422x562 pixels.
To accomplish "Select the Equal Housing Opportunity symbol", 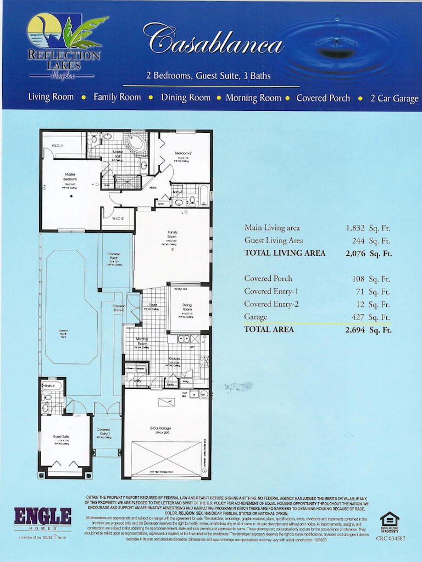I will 390,522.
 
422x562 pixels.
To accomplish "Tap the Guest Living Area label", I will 274,240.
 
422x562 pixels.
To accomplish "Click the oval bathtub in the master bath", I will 137,144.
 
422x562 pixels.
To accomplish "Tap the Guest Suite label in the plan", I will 60,436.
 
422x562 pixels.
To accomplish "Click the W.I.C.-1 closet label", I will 58,145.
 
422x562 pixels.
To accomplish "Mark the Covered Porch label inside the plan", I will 114,257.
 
